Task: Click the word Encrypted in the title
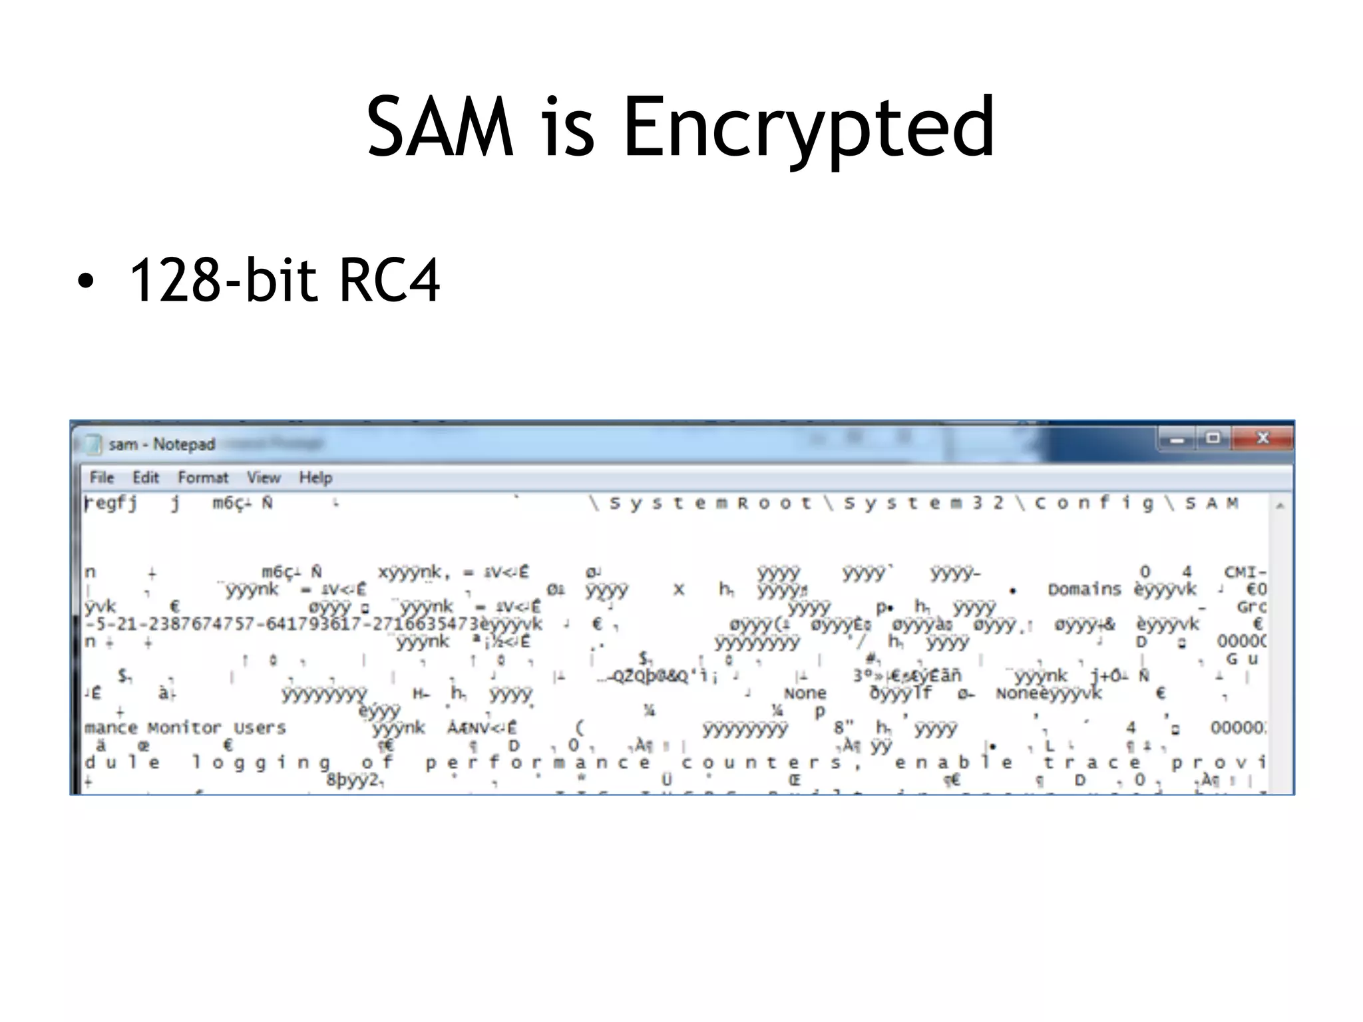point(808,128)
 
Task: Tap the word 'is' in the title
point(567,128)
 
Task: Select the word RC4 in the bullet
point(389,280)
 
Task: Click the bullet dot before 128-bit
point(85,281)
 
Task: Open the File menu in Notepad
point(102,477)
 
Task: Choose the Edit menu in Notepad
point(146,477)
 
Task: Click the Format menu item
point(203,477)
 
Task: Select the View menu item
point(264,477)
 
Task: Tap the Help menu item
point(315,477)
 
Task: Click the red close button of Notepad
point(1262,438)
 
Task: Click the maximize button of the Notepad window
point(1213,438)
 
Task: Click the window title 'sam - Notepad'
point(162,444)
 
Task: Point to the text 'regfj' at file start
point(111,503)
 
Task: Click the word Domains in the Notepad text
point(1084,590)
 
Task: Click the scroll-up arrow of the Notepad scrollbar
point(1280,506)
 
